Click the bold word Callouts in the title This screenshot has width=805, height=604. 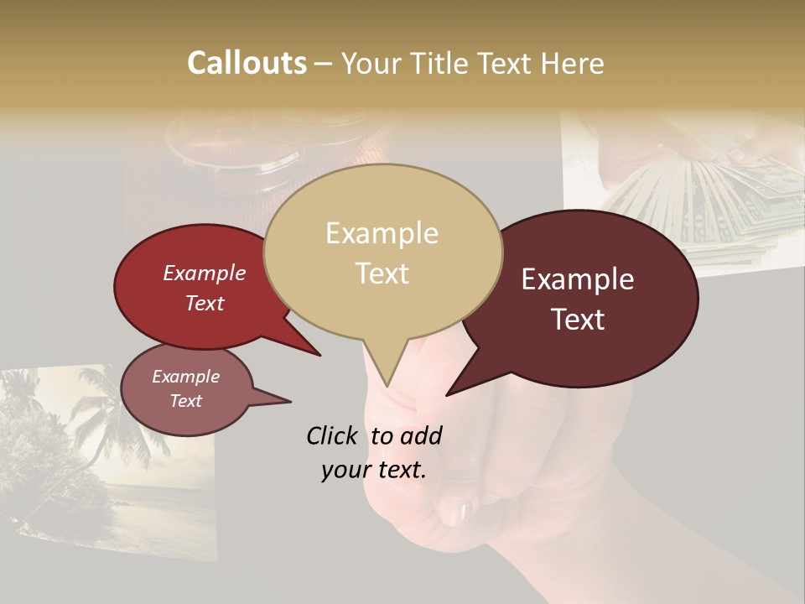pyautogui.click(x=247, y=63)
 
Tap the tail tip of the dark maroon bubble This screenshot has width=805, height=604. pyautogui.click(x=447, y=394)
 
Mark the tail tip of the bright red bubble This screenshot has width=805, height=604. pyautogui.click(x=319, y=355)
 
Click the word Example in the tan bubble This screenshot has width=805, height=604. pyautogui.click(x=382, y=233)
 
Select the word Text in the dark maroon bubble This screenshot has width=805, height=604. pyautogui.click(x=579, y=320)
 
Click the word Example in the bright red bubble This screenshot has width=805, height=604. pyautogui.click(x=205, y=273)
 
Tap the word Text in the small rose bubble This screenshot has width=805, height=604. pyautogui.click(x=186, y=401)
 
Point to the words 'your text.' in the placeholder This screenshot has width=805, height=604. pyautogui.click(x=374, y=470)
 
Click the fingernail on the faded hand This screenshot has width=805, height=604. pyautogui.click(x=457, y=510)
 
